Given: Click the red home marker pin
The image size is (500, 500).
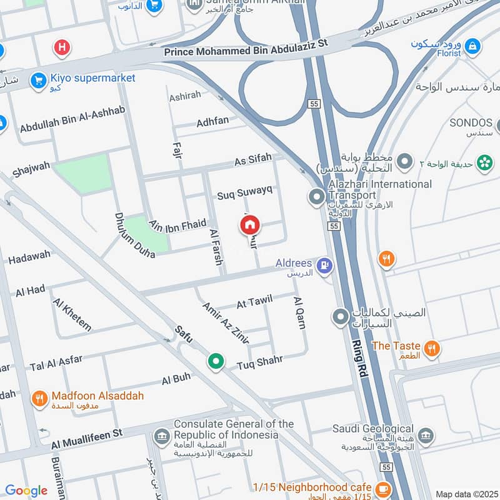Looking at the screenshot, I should (x=251, y=225).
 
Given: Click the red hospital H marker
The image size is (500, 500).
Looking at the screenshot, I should (x=61, y=47).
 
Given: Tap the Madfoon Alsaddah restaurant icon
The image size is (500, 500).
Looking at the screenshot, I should (x=39, y=397).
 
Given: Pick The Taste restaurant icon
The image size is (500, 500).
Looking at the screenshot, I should (x=431, y=348).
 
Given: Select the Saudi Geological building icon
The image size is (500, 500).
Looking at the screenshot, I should (x=426, y=436).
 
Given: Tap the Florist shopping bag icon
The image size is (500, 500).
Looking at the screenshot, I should (x=473, y=46).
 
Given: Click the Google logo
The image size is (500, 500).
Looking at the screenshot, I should (x=26, y=491).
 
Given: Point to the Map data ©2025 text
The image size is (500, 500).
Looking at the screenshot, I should (x=466, y=494).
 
